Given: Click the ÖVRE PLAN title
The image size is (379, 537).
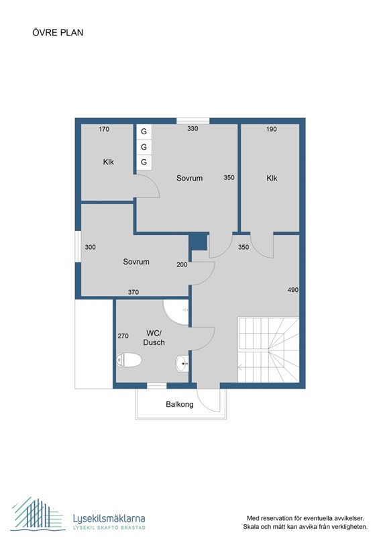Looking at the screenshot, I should point(57,32).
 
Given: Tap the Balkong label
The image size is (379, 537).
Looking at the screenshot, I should point(180,404).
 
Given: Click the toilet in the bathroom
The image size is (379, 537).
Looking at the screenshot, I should point(129,360).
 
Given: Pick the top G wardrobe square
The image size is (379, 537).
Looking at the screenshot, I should point(144,132).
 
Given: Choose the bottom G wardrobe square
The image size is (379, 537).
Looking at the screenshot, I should point(144,162).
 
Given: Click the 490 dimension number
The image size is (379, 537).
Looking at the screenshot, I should point(292,290).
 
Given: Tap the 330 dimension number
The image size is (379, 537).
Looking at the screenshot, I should point(193,129).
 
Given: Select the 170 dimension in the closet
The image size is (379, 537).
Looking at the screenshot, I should point(104,129).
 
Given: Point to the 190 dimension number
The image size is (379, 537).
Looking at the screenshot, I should point(272,129).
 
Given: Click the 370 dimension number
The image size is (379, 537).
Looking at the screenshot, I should point(133,291).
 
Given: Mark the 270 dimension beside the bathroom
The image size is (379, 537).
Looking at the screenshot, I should point(123,336).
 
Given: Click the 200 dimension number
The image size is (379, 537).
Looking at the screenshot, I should point(182,264).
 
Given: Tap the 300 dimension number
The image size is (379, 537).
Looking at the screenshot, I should point(91,247).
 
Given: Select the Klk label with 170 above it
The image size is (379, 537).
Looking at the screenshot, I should point(109,161).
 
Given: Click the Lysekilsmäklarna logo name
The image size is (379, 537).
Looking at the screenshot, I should point(108,518).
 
